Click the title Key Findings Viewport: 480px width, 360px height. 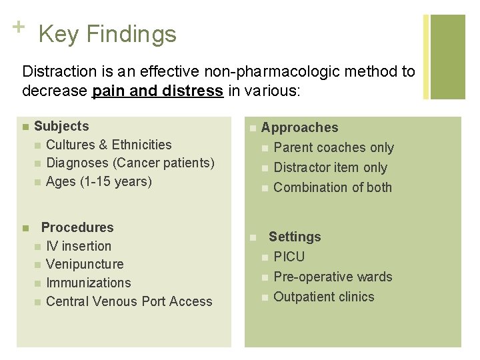107,34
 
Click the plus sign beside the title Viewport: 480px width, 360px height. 18,27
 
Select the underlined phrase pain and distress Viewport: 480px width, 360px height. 157,90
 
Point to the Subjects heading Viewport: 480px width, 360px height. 61,126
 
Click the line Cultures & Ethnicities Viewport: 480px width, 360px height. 109,145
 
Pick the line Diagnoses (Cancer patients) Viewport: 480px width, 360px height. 131,163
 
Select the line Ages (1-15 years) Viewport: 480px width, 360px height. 99,181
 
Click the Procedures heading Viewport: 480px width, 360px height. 77,227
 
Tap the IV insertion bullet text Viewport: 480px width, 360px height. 79,246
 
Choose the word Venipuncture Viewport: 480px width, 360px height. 85,264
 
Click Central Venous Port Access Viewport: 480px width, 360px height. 129,301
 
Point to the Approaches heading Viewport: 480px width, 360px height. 299,127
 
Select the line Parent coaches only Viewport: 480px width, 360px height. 333,147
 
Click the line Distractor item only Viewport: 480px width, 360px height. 330,167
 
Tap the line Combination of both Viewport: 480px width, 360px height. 333,187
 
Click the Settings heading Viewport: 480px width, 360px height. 295,237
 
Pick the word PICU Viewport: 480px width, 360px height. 289,257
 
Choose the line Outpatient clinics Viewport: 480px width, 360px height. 324,297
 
